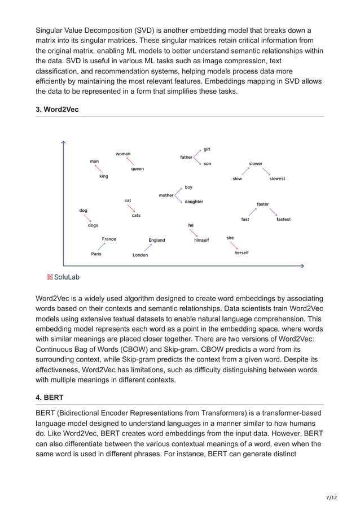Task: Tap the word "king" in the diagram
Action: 104,176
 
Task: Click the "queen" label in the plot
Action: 137,169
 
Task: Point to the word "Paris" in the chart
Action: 96,254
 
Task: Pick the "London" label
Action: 140,255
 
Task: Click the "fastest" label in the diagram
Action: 283,219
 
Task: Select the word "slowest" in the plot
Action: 277,179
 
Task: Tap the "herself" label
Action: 242,252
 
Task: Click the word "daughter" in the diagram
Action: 194,202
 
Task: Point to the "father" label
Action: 186,157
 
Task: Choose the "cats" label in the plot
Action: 136,215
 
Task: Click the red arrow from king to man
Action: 99,168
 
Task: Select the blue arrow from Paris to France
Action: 101,246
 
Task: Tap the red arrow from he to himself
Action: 194,233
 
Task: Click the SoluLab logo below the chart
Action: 63,277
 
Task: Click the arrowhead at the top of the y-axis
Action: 64,142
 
